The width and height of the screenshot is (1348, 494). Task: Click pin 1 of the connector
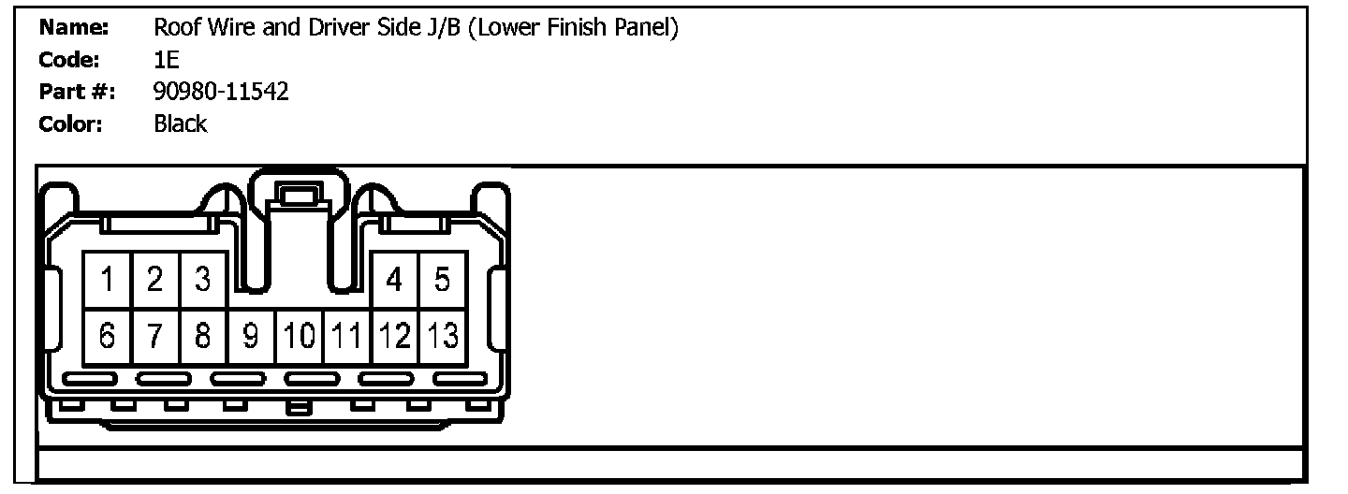(108, 280)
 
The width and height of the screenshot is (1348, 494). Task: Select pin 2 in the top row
(155, 280)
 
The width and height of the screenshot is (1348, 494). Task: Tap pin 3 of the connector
(203, 280)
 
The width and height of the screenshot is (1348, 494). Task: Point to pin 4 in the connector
(395, 280)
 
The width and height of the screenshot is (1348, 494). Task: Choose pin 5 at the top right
(442, 280)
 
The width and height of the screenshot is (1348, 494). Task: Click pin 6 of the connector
(108, 336)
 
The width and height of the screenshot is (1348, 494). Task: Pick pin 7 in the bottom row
(155, 336)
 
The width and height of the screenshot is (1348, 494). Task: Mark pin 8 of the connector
(203, 336)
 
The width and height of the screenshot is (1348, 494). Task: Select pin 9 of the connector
(251, 336)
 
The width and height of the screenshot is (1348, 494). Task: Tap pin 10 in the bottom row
(299, 336)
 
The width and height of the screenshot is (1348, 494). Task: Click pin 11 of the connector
(347, 336)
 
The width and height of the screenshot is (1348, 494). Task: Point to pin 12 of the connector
(395, 336)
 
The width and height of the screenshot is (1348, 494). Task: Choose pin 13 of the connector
(443, 336)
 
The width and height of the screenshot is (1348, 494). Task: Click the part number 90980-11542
(221, 92)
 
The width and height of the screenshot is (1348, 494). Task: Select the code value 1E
(166, 60)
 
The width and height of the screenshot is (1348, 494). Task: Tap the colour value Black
(180, 123)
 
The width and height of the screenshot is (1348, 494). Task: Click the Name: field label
(75, 28)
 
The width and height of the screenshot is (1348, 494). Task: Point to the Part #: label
(77, 92)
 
